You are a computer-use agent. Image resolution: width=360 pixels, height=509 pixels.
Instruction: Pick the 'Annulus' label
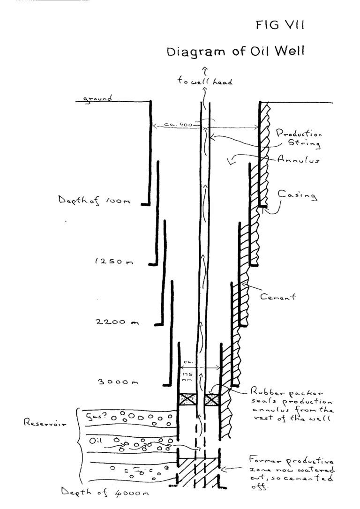(298, 159)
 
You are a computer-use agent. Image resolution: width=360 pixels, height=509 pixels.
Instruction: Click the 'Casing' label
(297, 194)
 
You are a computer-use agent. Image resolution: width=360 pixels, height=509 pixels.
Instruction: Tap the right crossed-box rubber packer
(212, 400)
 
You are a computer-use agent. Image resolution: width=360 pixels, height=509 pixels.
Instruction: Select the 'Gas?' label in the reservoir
(94, 415)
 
